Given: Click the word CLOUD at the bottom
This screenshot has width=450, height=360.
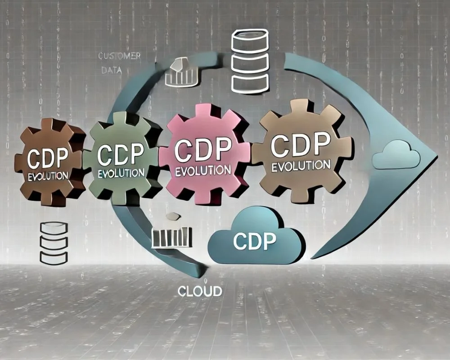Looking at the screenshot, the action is point(200,292).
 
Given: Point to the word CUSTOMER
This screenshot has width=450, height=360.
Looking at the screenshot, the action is point(119,56).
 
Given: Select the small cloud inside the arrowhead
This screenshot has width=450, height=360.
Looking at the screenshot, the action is point(396,155).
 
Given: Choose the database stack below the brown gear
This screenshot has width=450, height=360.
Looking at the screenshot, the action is point(54,243).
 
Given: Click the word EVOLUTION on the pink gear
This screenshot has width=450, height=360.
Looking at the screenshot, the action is point(203,171).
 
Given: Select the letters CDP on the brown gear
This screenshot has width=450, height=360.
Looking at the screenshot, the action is point(47,157).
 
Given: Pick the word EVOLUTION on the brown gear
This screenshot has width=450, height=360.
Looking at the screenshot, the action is point(48,175).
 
